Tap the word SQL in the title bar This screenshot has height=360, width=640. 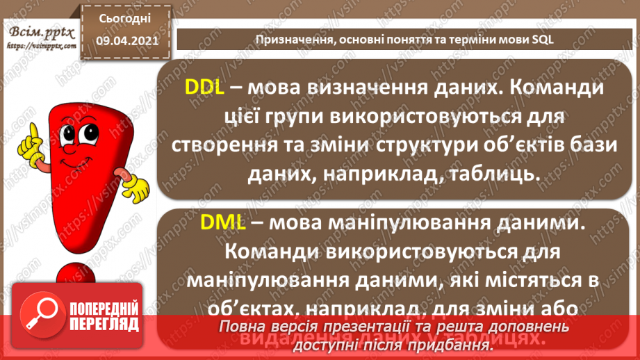(x=543, y=39)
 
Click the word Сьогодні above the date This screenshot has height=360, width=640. (x=125, y=19)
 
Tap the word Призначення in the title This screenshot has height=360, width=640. (x=293, y=39)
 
